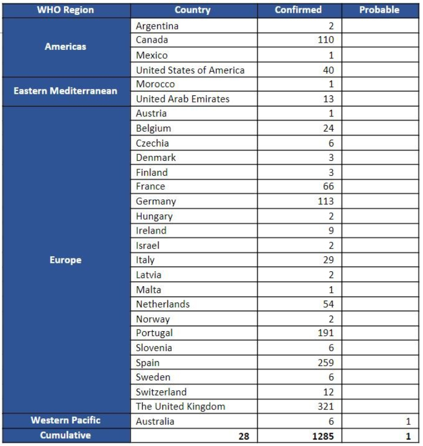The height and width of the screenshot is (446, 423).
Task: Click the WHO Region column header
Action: (x=66, y=10)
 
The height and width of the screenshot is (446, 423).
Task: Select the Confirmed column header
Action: (x=298, y=10)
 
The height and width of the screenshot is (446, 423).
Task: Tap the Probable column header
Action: (x=379, y=10)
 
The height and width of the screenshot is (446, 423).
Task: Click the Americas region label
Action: (x=66, y=47)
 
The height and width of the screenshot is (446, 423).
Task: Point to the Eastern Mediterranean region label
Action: (x=66, y=90)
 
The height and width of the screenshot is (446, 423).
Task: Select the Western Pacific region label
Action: (x=66, y=420)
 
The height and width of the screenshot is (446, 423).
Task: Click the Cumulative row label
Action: (x=66, y=435)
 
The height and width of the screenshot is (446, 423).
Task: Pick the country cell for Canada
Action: (x=152, y=40)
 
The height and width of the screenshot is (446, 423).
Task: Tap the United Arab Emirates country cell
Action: (x=183, y=99)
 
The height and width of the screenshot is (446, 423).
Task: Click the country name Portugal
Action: (x=155, y=333)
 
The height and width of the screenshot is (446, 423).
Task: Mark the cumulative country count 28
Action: (x=243, y=436)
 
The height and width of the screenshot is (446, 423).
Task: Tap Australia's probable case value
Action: (x=409, y=422)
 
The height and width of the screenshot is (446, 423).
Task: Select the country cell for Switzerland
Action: (x=161, y=392)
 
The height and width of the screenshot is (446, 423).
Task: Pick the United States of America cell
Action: (x=190, y=70)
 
